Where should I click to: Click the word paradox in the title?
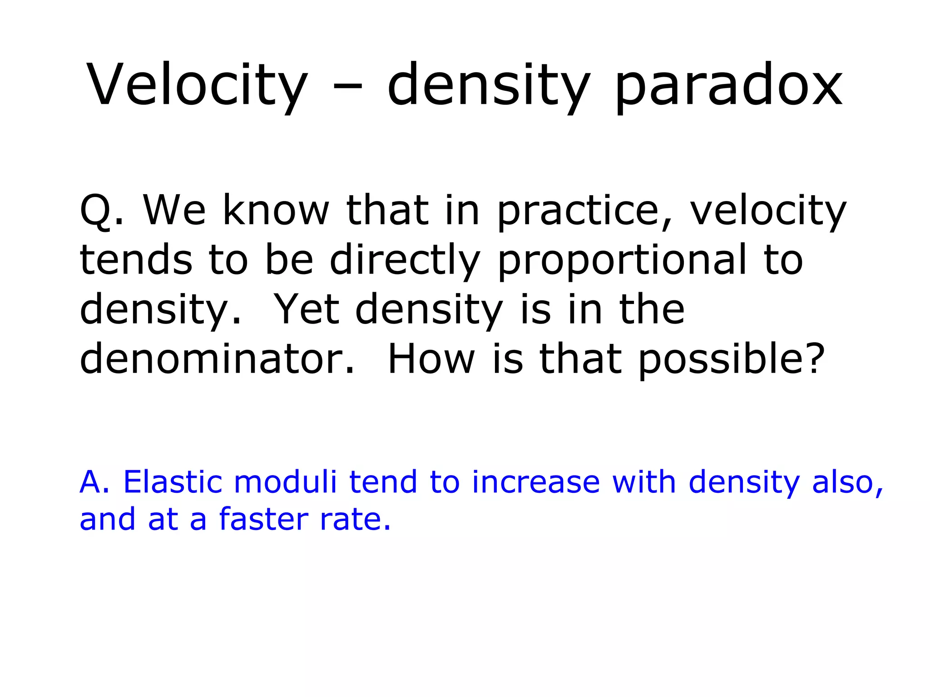tap(728, 86)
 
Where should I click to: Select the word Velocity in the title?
tap(197, 86)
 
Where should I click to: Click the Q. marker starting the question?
tap(101, 211)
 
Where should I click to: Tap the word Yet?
tap(308, 309)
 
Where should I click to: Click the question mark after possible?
tap(811, 358)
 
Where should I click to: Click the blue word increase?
tap(536, 481)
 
